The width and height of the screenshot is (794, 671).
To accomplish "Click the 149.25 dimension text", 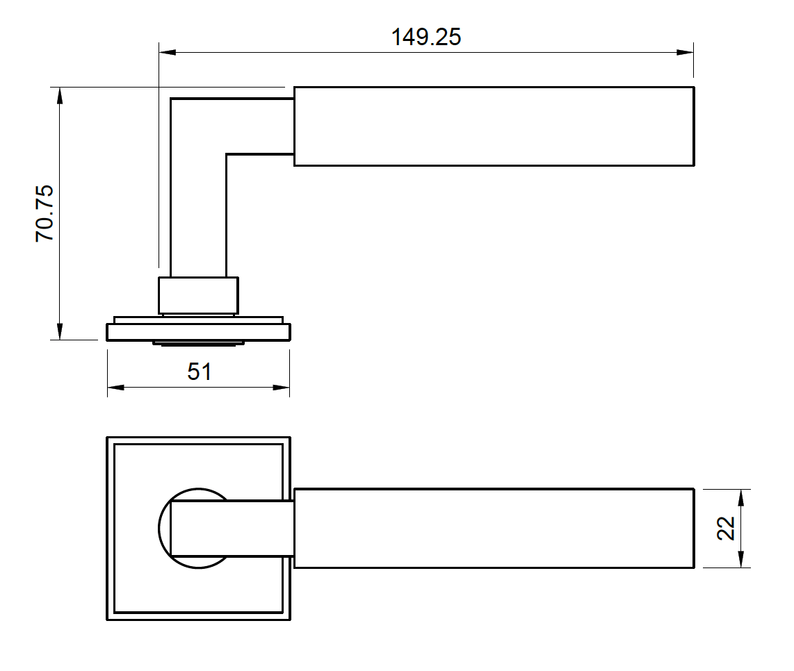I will pyautogui.click(x=426, y=37).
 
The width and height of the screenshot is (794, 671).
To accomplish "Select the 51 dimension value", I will pyautogui.click(x=199, y=372).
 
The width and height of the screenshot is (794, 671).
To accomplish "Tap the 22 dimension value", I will pyautogui.click(x=726, y=528).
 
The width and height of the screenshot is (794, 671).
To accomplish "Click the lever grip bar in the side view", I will pyautogui.click(x=494, y=126).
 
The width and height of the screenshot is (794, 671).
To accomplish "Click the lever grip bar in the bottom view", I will pyautogui.click(x=494, y=529).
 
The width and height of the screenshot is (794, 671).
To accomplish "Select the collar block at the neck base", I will pyautogui.click(x=198, y=295).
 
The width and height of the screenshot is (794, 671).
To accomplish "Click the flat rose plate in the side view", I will pyautogui.click(x=198, y=332).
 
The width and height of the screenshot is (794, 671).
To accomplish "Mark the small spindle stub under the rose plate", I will pyautogui.click(x=198, y=343).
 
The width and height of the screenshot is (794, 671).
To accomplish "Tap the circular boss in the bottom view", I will pyautogui.click(x=165, y=528).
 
